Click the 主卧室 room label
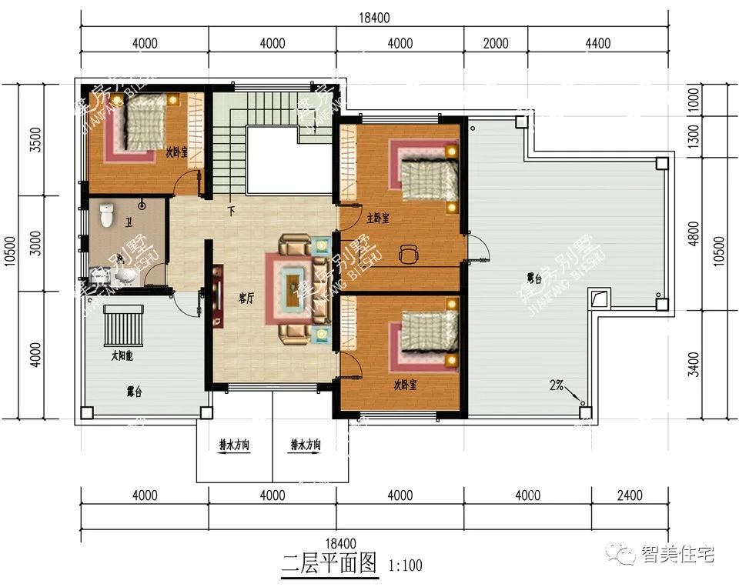[377, 218]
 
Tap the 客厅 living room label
[246, 299]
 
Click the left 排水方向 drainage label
[233, 445]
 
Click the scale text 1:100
[406, 566]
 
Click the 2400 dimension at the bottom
[629, 496]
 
